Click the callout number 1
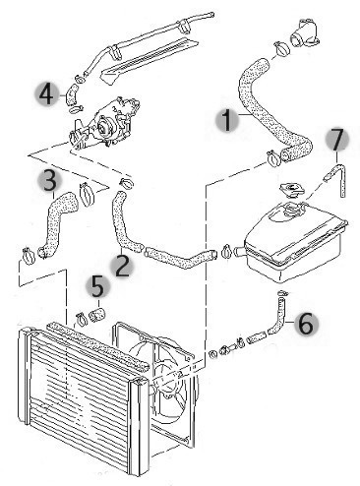point(227,120)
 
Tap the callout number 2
point(122,266)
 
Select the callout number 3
point(49,180)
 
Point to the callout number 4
point(46,94)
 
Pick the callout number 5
point(97,286)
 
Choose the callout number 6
point(306,324)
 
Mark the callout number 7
point(338,139)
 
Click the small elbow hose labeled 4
point(71,94)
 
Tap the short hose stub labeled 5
point(96,315)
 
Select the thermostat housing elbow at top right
point(304,33)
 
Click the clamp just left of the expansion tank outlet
point(226,251)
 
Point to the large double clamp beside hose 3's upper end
point(86,195)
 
